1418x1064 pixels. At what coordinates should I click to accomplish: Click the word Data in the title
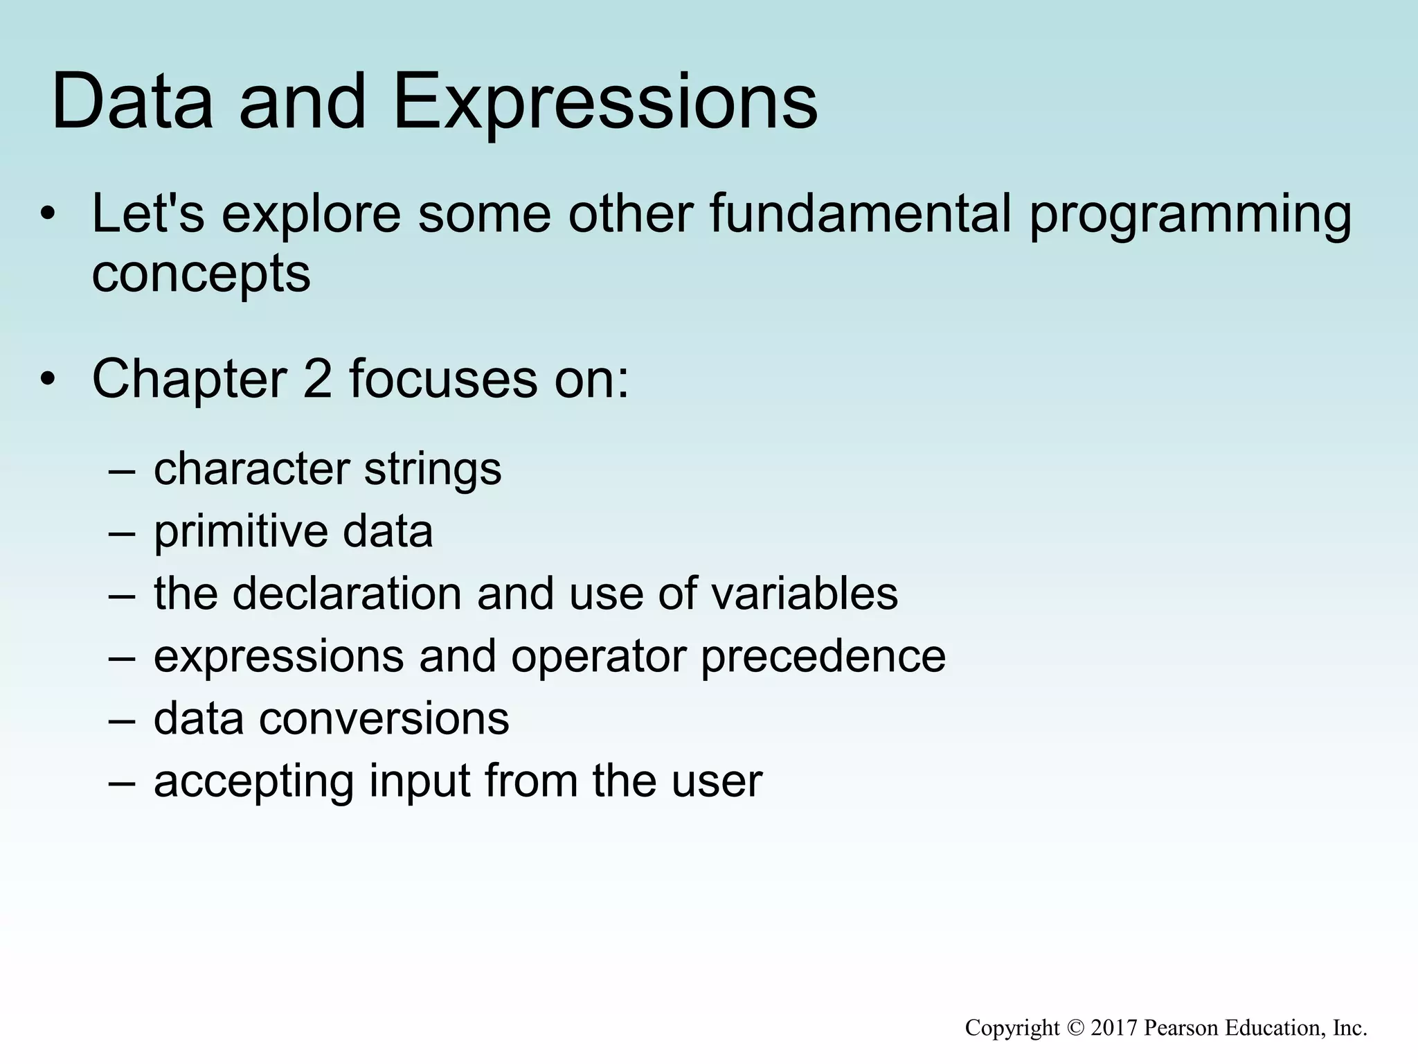click(x=132, y=103)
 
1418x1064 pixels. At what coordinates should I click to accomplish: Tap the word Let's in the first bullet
click(x=148, y=214)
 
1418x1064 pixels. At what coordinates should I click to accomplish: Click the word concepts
click(x=201, y=275)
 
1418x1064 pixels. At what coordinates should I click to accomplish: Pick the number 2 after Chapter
click(x=318, y=380)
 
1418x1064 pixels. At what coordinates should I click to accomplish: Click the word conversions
click(x=384, y=719)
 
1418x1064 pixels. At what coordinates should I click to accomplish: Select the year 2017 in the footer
click(x=1114, y=1028)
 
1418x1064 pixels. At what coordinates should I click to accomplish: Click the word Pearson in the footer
click(x=1182, y=1028)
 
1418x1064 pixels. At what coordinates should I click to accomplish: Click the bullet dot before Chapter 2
click(x=46, y=380)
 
